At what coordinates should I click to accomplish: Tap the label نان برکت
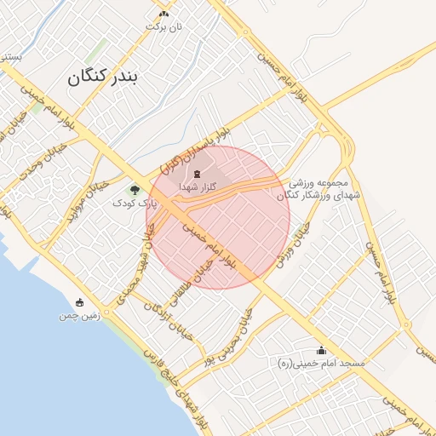click(x=163, y=26)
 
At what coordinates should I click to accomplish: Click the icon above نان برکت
click(x=163, y=14)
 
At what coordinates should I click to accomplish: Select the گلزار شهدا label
click(x=198, y=186)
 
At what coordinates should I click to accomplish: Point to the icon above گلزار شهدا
click(x=198, y=173)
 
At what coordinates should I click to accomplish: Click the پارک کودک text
click(x=135, y=203)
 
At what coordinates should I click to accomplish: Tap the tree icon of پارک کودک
click(x=135, y=189)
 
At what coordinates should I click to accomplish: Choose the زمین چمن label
click(x=80, y=315)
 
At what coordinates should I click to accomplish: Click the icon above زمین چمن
click(x=80, y=302)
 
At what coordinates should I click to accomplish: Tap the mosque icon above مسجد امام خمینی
click(x=321, y=350)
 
